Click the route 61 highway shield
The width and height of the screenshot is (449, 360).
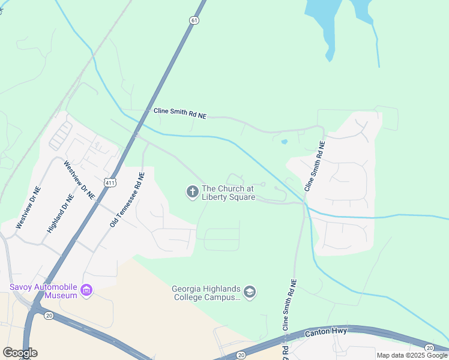pos(193,20)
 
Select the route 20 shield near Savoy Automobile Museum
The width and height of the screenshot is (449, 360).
pos(49,315)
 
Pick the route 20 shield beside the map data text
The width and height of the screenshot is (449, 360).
pos(429,348)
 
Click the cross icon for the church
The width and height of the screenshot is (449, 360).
pos(192,192)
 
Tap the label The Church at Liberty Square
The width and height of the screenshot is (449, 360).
pos(229,193)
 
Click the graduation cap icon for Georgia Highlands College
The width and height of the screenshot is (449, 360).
pos(250,292)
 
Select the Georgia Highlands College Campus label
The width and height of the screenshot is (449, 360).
pos(208,292)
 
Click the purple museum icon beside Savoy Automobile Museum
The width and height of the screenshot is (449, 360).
pos(87,291)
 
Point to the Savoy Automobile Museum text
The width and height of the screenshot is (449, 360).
pos(44,291)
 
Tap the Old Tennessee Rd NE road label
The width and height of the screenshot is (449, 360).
pos(127,200)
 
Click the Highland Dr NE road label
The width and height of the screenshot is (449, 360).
pos(61,213)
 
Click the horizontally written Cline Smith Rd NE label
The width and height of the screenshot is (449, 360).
pos(179,113)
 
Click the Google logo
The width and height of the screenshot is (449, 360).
pos(20,352)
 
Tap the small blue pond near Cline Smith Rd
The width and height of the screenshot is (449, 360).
pos(284,142)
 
